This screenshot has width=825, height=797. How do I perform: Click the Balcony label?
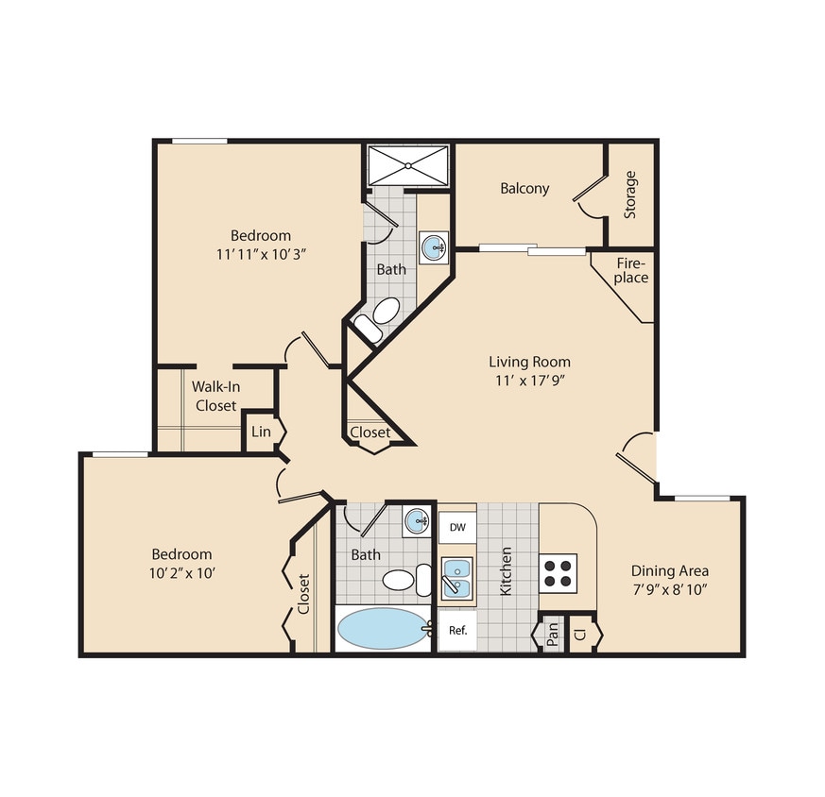coord(524,188)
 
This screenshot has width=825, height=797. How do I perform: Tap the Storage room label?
coord(629,195)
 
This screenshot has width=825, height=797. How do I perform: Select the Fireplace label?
coord(631,270)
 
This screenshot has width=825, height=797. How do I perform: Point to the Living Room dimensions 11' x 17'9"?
coord(529,380)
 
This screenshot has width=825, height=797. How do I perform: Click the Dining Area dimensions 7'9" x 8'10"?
coord(669,588)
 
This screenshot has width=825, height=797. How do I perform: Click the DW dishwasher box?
coord(456,527)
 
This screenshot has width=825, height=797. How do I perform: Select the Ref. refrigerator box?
coord(457,630)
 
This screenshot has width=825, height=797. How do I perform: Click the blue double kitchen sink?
coord(456,578)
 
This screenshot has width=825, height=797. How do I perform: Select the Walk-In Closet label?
coord(215,396)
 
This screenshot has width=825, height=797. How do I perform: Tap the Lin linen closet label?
coord(261,432)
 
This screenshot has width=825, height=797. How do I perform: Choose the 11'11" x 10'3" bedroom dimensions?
coord(261,253)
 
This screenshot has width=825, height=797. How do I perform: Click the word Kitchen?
coord(507,571)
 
